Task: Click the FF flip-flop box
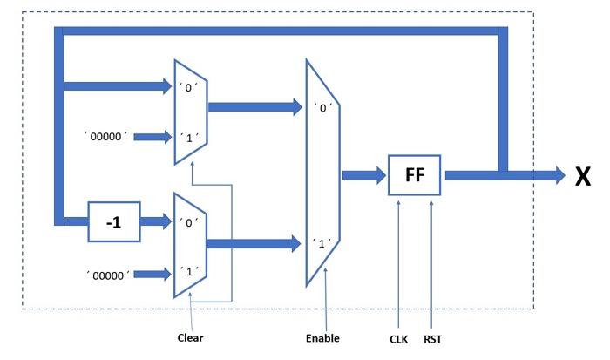pos(415,175)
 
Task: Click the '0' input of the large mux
pos(322,109)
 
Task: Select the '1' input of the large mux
pos(322,243)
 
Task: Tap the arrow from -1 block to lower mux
pos(155,221)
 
